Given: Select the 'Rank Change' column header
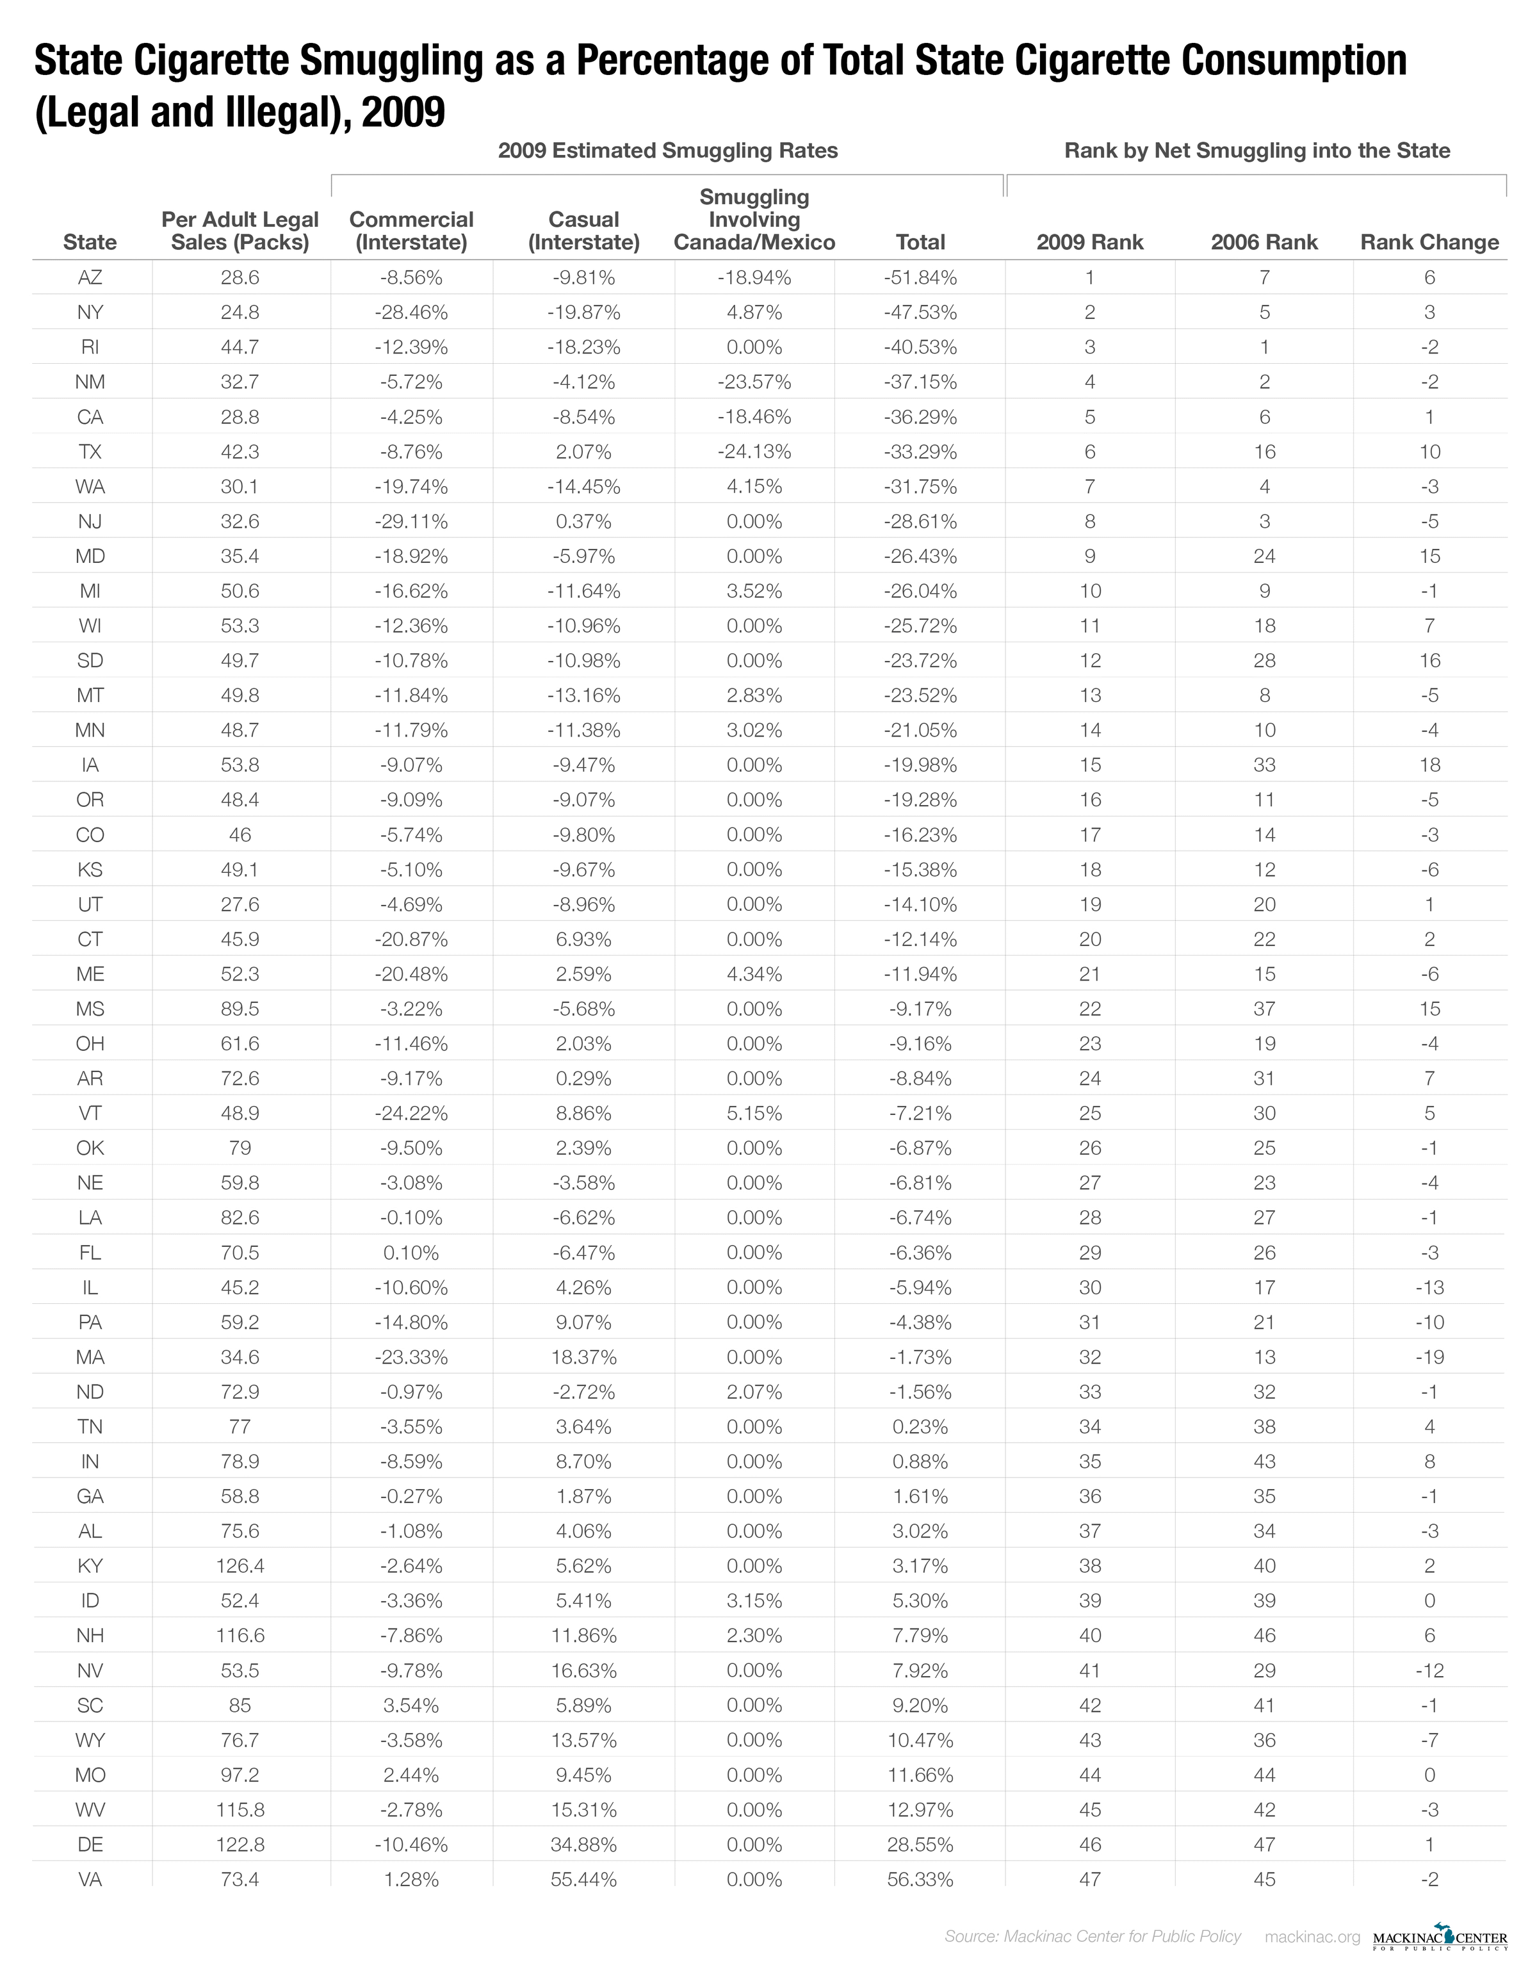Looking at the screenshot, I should point(1429,242).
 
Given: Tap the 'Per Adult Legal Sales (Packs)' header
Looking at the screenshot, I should point(240,231).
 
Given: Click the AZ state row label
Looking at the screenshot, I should point(90,277).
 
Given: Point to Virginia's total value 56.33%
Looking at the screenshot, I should point(920,1878).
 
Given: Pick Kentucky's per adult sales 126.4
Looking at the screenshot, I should point(240,1565).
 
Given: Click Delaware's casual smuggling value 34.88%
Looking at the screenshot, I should point(584,1844).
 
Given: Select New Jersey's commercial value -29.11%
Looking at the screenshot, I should point(411,521).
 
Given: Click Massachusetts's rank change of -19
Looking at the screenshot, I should point(1429,1356).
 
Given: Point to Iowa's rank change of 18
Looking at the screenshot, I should point(1429,765).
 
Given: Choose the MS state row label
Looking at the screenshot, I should point(90,1009).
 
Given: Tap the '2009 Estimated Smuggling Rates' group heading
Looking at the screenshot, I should point(667,151).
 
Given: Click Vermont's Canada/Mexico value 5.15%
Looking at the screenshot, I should point(754,1113).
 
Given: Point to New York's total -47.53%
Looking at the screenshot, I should point(920,312).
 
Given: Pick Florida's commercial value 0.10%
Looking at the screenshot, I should point(411,1252).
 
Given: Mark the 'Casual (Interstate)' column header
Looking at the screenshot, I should point(584,231).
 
